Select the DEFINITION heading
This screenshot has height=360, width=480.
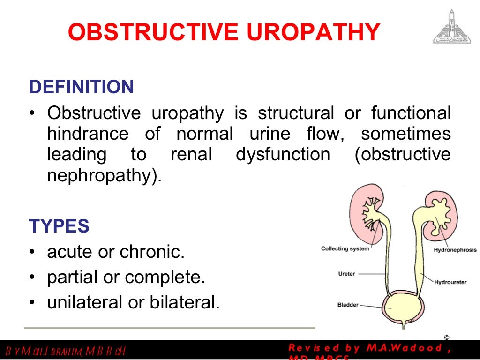(x=82, y=87)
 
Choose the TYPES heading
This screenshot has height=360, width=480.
(x=59, y=226)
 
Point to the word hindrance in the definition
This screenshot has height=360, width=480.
(x=88, y=134)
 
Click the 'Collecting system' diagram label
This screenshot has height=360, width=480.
(x=345, y=248)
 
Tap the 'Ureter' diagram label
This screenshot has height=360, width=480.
(x=346, y=274)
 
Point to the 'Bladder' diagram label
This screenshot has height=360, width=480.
(x=348, y=305)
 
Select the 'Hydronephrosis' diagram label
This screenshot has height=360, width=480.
(x=455, y=250)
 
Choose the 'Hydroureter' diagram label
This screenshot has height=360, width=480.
(x=450, y=282)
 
